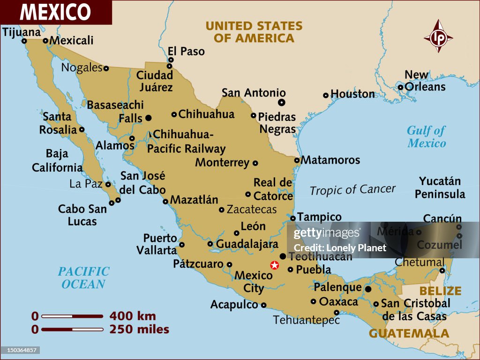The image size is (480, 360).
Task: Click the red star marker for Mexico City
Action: coord(275,265)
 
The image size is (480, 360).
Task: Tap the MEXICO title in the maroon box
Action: coord(55,12)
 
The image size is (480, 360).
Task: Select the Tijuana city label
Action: coord(22,32)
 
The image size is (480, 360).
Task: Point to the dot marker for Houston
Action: coord(326,95)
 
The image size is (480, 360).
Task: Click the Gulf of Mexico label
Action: coord(426,136)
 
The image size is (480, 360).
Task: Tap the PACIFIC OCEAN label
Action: coord(83,277)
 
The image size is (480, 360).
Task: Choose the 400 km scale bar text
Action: coord(133,316)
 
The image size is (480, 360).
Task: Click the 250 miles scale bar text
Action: coord(139,329)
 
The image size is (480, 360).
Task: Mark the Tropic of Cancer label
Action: coord(352,190)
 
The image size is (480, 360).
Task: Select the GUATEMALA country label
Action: coord(409,333)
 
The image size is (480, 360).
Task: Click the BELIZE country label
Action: coord(440,291)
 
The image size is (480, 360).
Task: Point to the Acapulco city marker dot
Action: coord(263,305)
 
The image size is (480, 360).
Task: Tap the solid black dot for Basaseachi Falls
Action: coord(149,118)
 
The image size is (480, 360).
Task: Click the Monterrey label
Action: coord(222,163)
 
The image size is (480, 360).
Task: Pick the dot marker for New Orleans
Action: coord(400,87)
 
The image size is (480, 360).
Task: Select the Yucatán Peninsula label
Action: coord(440,187)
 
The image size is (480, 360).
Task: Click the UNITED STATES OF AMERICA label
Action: coord(254,32)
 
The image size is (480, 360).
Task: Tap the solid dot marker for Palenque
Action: coord(368,289)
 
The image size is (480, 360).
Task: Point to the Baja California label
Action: coord(57,160)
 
